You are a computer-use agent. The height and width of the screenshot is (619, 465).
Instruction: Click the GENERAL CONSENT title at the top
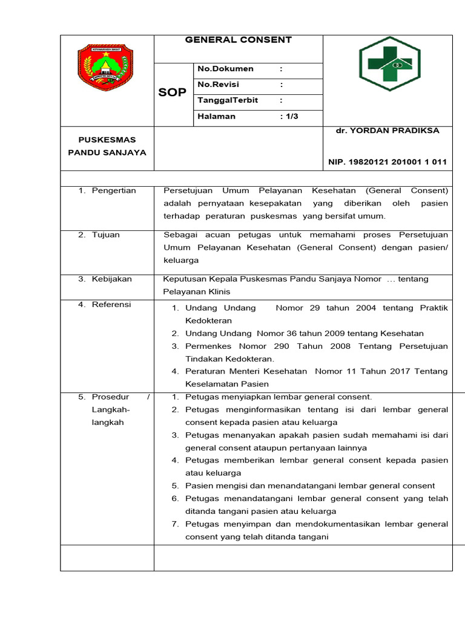coord(238,40)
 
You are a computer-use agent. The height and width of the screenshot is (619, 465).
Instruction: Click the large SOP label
coord(173,92)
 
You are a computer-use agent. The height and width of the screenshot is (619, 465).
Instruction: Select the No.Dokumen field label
coord(226,70)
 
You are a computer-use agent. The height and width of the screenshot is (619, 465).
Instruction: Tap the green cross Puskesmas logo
coord(388,64)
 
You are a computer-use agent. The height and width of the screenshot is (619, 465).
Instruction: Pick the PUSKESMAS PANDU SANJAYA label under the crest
coord(107,146)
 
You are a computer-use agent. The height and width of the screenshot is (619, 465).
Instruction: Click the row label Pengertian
coord(114,191)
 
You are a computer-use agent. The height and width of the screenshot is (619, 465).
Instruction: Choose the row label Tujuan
coord(106,235)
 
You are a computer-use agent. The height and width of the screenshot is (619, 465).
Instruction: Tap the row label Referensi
coord(111,305)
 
